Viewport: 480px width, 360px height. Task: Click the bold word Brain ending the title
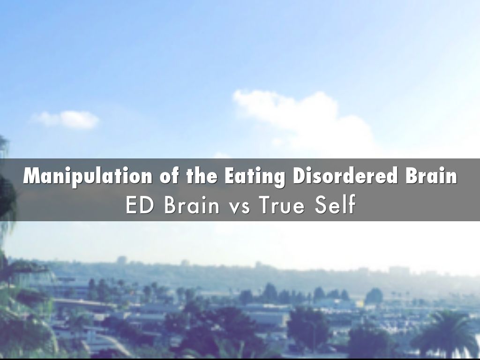click(431, 176)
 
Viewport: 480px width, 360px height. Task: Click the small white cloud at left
click(68, 119)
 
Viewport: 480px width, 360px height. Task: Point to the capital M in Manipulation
click(32, 176)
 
